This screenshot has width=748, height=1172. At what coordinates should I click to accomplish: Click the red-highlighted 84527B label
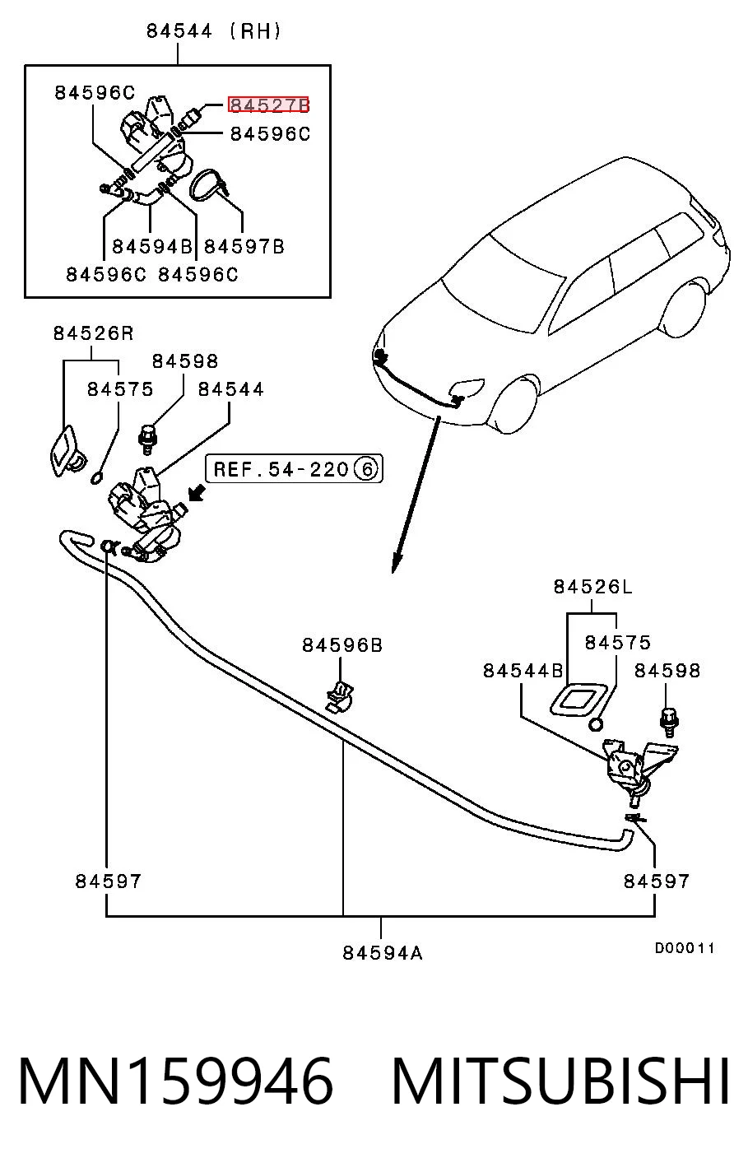(269, 105)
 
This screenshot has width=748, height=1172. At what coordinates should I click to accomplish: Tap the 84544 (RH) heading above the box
(213, 31)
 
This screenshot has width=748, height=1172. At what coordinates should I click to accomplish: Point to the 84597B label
(244, 246)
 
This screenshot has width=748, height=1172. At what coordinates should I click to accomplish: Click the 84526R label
(94, 333)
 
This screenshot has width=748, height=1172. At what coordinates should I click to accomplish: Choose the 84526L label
(593, 587)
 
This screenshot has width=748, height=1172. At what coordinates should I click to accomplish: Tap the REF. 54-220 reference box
(295, 469)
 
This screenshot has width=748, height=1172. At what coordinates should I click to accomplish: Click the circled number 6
(366, 469)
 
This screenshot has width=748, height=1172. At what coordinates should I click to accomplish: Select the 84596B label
(342, 645)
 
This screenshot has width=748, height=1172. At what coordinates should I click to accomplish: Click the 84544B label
(523, 670)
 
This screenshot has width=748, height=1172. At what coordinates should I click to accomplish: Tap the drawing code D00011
(685, 947)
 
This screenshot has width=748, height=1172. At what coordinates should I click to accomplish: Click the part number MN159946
(176, 1081)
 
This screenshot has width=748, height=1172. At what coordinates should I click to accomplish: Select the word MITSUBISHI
(560, 1081)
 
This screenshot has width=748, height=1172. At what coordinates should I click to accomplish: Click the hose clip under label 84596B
(340, 698)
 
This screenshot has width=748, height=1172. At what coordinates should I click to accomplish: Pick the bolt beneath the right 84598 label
(669, 722)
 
